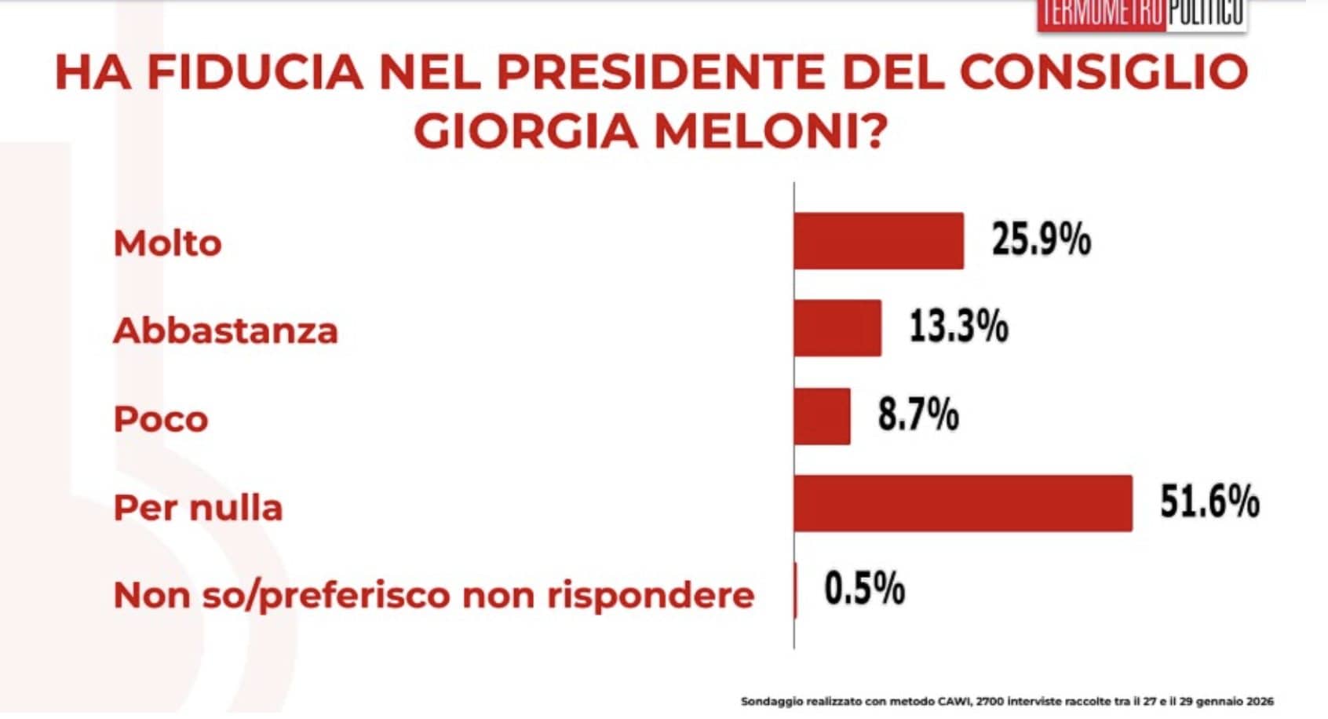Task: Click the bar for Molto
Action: coord(878,241)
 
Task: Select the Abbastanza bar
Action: coord(837,328)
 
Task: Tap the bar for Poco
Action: coord(822,416)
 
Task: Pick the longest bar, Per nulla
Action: coord(963,503)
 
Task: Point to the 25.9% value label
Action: coord(1041,239)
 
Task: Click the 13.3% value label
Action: coord(958,327)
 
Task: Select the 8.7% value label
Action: coord(918,414)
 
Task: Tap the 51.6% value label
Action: coord(1209,502)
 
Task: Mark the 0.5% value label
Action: coord(864,589)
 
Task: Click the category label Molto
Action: coord(167,243)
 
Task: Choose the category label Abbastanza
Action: coord(226,330)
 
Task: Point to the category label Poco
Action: coord(161,419)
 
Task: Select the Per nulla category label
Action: coord(198,508)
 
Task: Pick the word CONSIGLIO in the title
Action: coord(1104,72)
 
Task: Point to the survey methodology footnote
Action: coord(1006,702)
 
